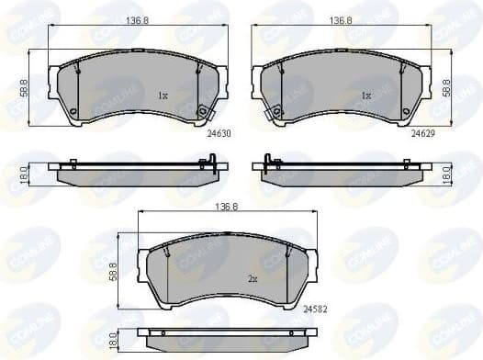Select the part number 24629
coord(421,133)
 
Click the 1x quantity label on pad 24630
coord(162,95)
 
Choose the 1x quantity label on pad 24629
coord(365,95)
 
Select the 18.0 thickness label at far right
coord(446,174)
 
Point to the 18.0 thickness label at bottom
coord(114,342)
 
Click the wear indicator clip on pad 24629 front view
coord(273,114)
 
